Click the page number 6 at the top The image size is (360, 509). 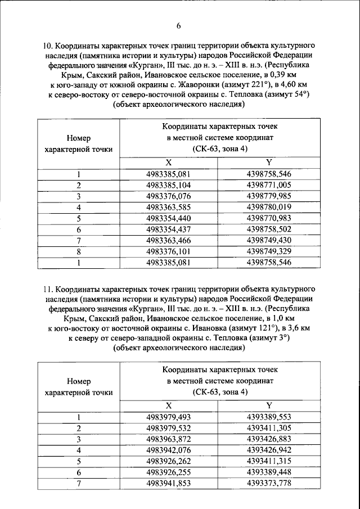click(179, 26)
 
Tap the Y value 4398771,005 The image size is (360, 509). click(269, 184)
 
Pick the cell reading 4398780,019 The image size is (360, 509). click(269, 207)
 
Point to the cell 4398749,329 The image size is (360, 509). click(269, 251)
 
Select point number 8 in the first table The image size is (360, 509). click(79, 251)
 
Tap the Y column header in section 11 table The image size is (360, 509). click(269, 406)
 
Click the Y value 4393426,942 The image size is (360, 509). click(269, 451)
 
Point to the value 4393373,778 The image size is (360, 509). click(269, 484)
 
